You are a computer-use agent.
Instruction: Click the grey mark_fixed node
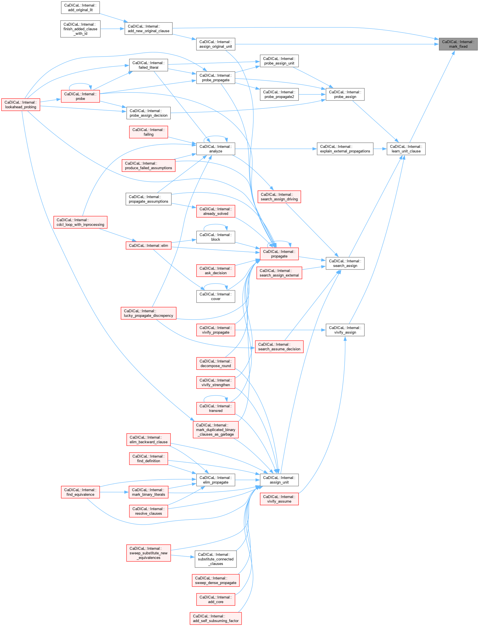pos(458,44)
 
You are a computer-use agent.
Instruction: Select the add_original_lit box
pos(80,8)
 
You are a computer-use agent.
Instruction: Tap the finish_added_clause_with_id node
pos(80,29)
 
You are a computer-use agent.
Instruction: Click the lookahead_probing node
pos(21,105)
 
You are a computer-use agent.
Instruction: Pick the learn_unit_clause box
pos(406,149)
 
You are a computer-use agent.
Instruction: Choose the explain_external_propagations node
pos(345,149)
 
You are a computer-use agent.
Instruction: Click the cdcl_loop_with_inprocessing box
pos(80,222)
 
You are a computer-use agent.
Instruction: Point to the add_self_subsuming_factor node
pos(216,618)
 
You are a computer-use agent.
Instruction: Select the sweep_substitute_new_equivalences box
pos(148,553)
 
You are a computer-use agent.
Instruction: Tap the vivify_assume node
pos(279,499)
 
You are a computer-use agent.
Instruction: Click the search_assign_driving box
pos(279,197)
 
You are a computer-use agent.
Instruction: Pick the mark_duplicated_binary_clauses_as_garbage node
pos(216,430)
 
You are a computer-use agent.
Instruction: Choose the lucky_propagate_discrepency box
pos(148,313)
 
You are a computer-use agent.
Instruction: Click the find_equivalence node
pos(80,492)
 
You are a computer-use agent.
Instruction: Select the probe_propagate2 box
pos(279,94)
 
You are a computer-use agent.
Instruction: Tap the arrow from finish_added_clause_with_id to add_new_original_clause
pos(112,29)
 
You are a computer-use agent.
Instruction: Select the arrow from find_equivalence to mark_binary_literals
pos(114,492)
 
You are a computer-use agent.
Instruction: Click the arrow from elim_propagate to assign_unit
pos(247,480)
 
